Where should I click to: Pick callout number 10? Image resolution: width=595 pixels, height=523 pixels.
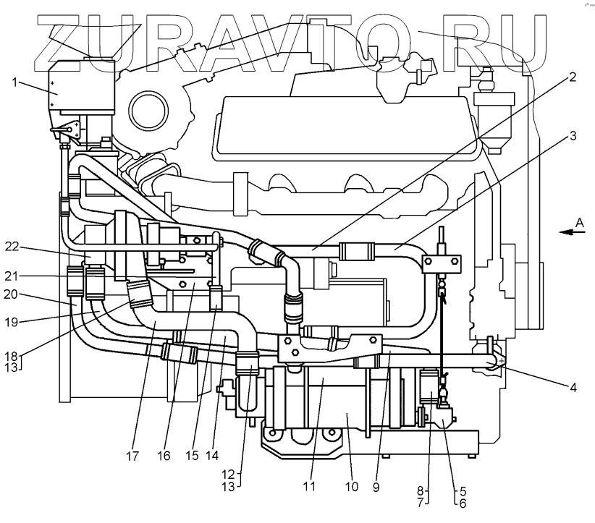pos(352,487)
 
